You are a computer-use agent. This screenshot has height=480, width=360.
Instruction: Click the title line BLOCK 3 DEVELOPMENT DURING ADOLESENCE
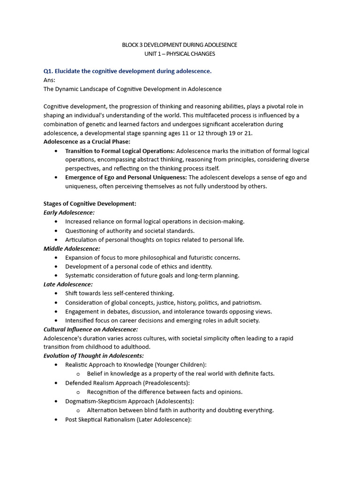[180, 45]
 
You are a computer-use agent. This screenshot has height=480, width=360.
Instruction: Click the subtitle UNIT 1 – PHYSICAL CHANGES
[180, 54]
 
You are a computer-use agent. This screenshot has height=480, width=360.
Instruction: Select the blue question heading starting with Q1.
[127, 71]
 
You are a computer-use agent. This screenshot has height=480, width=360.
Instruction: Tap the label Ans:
[49, 80]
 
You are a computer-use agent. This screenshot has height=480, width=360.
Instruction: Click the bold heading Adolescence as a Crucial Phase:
[87, 142]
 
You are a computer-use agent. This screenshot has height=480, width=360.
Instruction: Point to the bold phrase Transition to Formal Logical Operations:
[120, 151]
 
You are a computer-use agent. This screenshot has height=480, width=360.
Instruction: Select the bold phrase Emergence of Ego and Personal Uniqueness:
[126, 177]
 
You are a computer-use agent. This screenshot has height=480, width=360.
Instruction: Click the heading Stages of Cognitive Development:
[90, 203]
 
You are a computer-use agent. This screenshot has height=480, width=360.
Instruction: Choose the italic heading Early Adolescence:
[69, 212]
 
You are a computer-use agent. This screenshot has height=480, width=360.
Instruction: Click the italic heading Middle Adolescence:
[72, 248]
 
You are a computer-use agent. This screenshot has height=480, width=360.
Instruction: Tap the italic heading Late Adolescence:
[68, 284]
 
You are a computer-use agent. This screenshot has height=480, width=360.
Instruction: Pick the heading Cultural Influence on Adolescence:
[90, 329]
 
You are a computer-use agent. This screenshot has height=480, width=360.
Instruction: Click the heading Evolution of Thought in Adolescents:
[93, 356]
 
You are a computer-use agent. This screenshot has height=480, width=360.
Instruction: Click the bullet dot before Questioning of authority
[56, 231]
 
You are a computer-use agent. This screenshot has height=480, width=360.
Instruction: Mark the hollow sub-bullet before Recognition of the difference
[78, 392]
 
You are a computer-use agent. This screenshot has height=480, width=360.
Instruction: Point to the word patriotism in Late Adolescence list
[247, 302]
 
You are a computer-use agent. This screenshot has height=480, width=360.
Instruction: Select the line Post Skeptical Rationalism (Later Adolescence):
[128, 419]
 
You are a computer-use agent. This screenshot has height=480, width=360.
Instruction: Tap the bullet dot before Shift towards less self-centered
[56, 293]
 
